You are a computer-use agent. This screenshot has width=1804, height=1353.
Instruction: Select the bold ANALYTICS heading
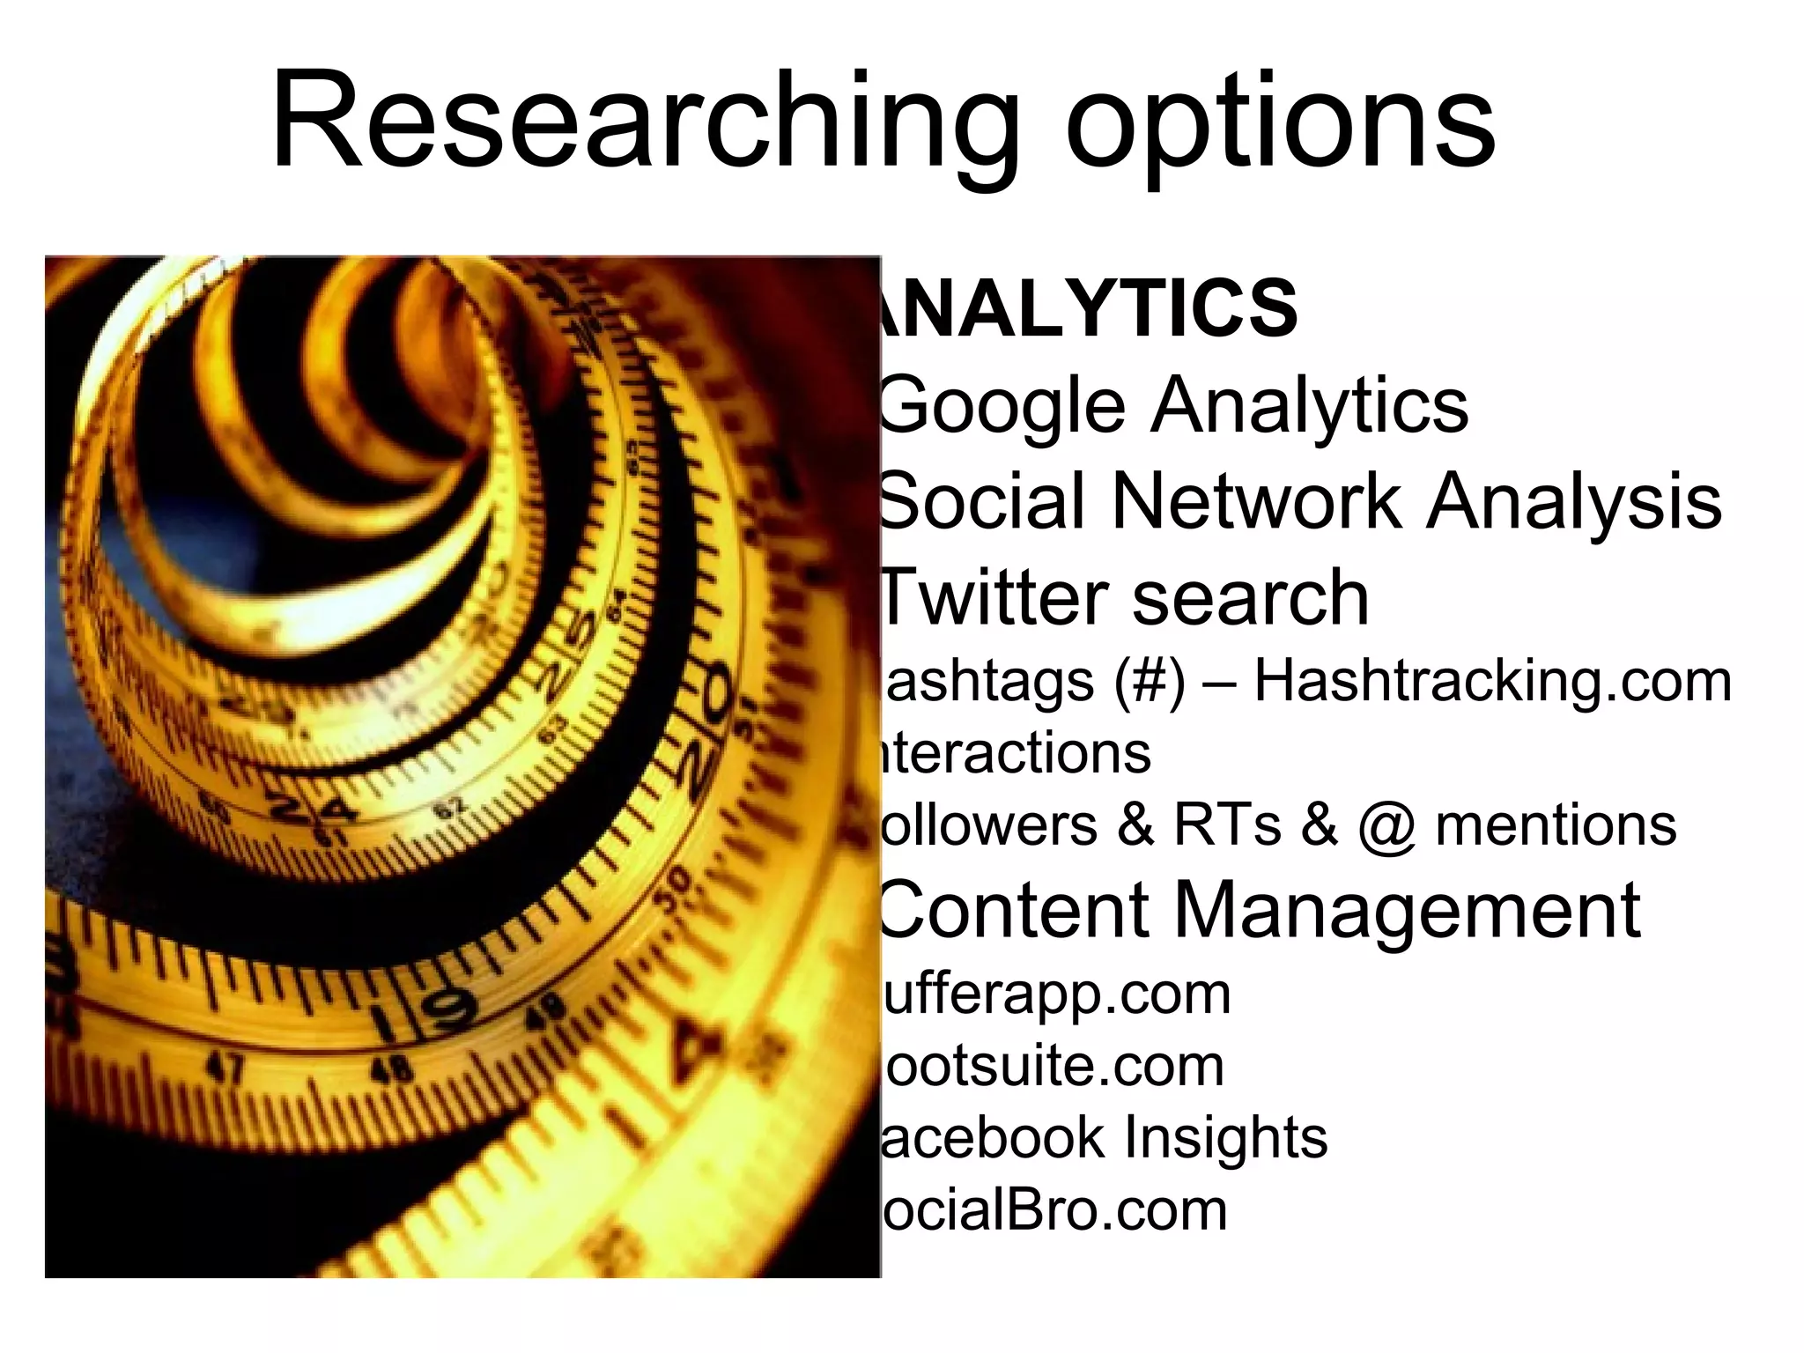(x=1088, y=308)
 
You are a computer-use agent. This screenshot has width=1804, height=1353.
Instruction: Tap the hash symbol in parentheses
(x=1149, y=681)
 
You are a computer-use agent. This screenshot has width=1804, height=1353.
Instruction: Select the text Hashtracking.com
(x=1492, y=681)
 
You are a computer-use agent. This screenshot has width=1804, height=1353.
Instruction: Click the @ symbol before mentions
(x=1386, y=826)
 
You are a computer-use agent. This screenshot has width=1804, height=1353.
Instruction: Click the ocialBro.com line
(x=1054, y=1209)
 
